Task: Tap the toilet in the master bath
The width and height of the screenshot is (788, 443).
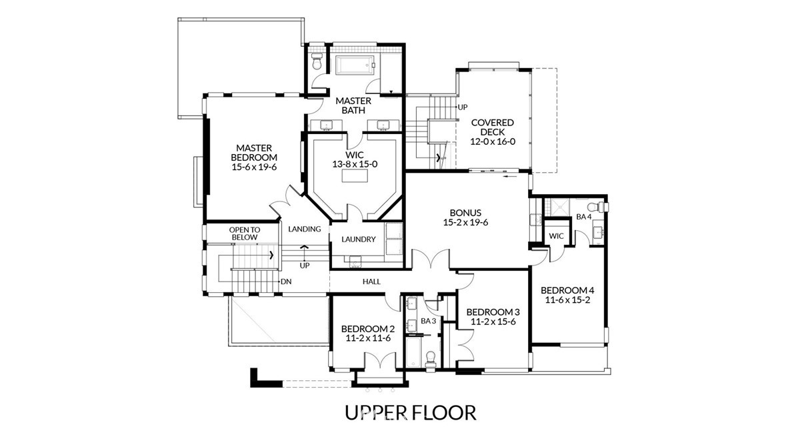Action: [317, 61]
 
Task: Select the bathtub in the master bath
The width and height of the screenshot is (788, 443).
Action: [355, 65]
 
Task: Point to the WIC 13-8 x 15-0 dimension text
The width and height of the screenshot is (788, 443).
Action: [354, 164]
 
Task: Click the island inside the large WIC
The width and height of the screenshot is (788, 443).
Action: [354, 176]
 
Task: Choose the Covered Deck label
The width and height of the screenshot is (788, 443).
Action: [493, 131]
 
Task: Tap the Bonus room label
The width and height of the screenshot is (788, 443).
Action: [465, 217]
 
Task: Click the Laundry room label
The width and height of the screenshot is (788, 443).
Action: [358, 240]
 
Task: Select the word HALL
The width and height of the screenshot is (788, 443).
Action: [371, 282]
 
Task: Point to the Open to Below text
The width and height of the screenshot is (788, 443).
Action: [245, 234]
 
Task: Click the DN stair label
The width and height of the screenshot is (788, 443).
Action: [286, 282]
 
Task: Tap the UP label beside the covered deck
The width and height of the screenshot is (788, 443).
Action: [463, 107]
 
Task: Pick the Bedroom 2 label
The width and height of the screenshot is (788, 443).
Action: [368, 334]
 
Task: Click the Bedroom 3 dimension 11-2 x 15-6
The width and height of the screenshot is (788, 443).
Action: [493, 322]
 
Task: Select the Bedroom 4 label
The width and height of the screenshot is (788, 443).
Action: [567, 295]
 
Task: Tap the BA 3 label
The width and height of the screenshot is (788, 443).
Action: [428, 321]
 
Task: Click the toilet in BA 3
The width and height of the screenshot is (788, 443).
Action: [430, 360]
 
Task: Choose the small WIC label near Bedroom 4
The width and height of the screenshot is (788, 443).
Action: [556, 236]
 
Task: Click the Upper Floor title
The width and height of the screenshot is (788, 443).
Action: [410, 412]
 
